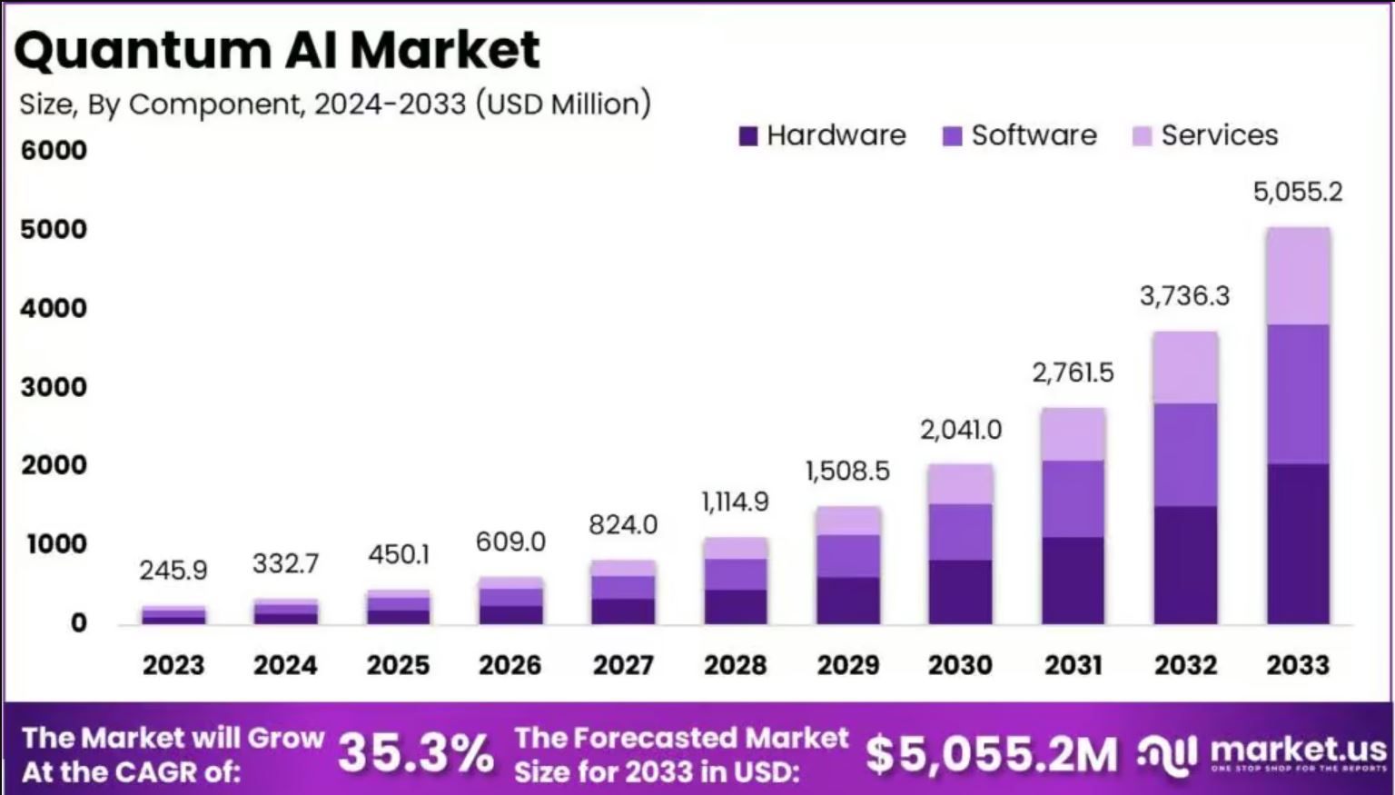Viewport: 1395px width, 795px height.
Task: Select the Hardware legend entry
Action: pyautogui.click(x=823, y=135)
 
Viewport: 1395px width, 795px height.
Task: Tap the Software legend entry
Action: pyautogui.click(x=1020, y=135)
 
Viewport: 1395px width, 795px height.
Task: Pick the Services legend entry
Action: pyautogui.click(x=1205, y=135)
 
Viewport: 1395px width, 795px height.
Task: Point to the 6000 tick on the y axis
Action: pyautogui.click(x=54, y=150)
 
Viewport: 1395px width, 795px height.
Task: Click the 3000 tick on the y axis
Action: pyautogui.click(x=54, y=387)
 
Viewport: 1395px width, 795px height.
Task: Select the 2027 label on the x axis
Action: pyautogui.click(x=623, y=665)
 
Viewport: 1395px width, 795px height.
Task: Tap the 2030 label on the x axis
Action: pyautogui.click(x=960, y=665)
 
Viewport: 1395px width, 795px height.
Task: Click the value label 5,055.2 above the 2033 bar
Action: pyautogui.click(x=1297, y=192)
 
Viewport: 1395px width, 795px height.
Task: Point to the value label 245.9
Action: pyautogui.click(x=173, y=571)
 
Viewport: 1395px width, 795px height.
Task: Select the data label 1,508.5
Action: pyautogui.click(x=847, y=471)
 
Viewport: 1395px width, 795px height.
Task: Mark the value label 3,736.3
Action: pyautogui.click(x=1184, y=295)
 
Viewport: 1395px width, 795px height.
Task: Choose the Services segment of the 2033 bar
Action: pyautogui.click(x=1298, y=276)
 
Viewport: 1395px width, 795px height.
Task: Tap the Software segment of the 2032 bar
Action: pyautogui.click(x=1185, y=454)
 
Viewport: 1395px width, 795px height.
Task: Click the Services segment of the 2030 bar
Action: pyautogui.click(x=960, y=484)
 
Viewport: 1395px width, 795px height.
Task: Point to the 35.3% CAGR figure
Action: pyautogui.click(x=416, y=754)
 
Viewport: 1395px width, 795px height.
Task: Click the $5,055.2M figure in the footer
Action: pyautogui.click(x=991, y=754)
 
